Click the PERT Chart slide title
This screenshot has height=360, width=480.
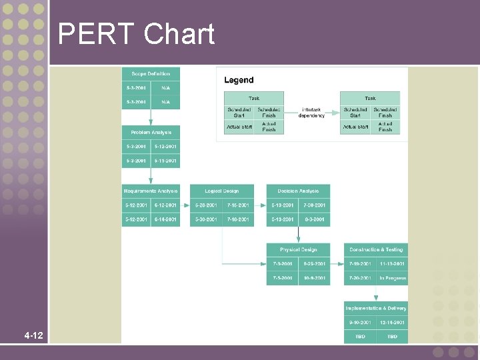[136, 34]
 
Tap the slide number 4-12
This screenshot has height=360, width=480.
[33, 335]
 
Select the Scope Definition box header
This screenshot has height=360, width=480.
[151, 74]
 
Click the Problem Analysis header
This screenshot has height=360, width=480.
[151, 133]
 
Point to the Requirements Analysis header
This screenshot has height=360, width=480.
[151, 191]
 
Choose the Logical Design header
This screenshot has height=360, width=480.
[222, 191]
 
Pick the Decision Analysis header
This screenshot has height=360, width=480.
[298, 191]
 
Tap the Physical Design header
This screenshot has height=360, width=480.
[298, 250]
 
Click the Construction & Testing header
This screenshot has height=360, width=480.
[376, 250]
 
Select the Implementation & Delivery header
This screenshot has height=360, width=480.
[376, 309]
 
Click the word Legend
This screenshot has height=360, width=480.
[239, 80]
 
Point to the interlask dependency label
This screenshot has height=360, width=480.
[312, 113]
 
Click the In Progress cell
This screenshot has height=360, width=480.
[393, 278]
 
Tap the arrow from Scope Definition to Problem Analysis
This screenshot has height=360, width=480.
[151, 117]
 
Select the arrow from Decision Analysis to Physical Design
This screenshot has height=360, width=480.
[298, 235]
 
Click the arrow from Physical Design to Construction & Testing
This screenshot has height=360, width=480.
[337, 264]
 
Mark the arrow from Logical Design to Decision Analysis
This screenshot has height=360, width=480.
[261, 205]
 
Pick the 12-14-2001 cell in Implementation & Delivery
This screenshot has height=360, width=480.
[393, 323]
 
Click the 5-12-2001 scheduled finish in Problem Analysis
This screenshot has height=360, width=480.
[165, 147]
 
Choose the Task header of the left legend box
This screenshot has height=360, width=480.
[254, 98]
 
